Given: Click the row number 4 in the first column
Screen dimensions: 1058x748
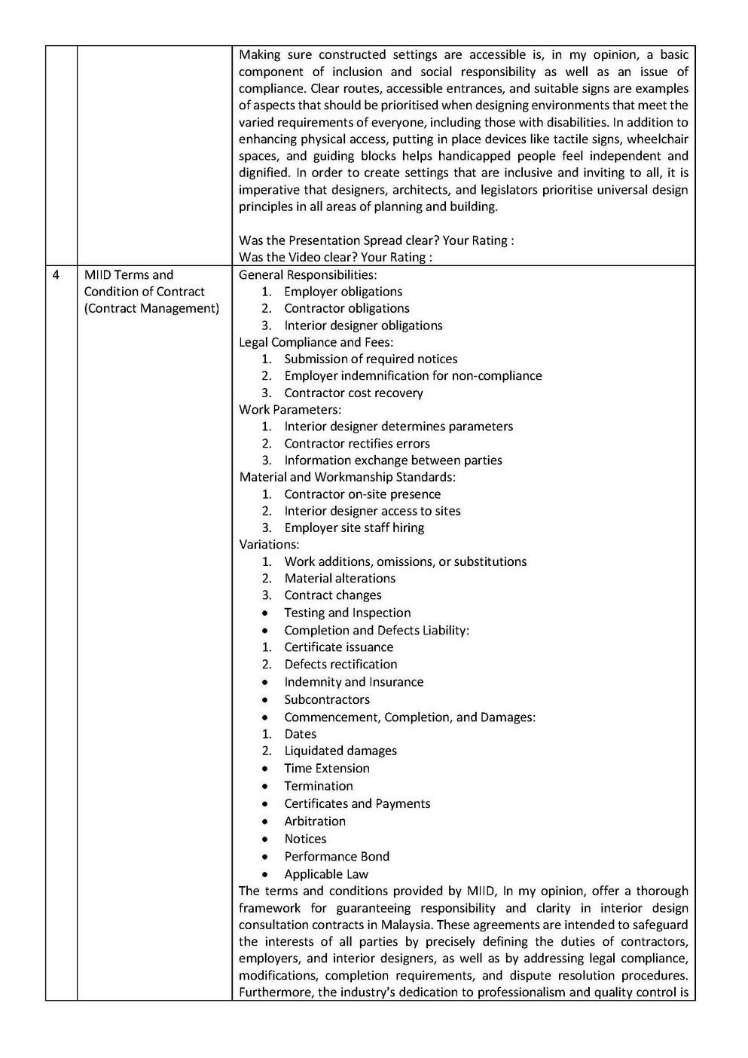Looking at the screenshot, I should [x=56, y=275].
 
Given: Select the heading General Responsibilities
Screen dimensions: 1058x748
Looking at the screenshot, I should [x=307, y=275].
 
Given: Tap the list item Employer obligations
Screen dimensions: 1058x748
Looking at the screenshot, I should [x=343, y=292].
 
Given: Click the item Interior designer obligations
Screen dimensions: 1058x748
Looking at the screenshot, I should [x=363, y=326].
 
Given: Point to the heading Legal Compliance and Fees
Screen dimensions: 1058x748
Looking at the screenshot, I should [x=316, y=342].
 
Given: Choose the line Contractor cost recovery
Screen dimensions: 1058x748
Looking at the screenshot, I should [x=353, y=393].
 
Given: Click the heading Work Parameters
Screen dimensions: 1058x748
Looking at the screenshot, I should [x=290, y=409].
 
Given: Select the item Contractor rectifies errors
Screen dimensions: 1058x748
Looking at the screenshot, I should [x=356, y=443].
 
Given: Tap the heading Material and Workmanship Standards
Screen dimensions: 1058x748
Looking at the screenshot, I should [x=347, y=477].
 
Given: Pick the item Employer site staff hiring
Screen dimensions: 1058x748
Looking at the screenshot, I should [x=354, y=527].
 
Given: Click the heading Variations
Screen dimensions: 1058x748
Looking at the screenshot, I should [x=269, y=544].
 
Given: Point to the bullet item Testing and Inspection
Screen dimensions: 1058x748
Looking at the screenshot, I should [x=347, y=613].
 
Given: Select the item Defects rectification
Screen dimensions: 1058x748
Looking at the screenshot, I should [x=340, y=664].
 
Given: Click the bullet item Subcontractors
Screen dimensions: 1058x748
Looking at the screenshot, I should [x=327, y=699].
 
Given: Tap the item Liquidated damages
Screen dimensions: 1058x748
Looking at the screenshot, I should [x=340, y=751].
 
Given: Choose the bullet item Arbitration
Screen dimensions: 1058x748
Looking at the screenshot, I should [x=315, y=821].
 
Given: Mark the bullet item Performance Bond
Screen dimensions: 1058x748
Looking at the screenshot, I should [x=337, y=856].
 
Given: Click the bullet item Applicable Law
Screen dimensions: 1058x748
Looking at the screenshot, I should [x=326, y=874].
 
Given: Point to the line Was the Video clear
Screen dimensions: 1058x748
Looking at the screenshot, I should [x=335, y=258].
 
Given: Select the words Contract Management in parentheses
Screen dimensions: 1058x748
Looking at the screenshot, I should [x=151, y=308].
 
